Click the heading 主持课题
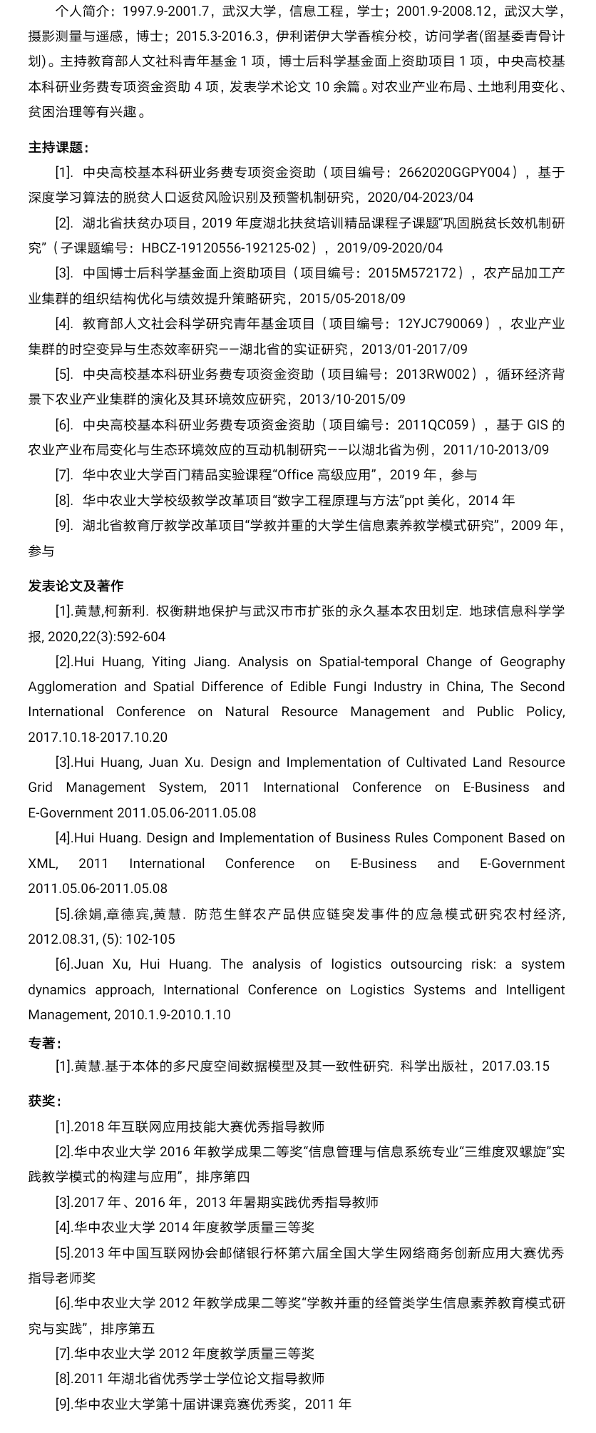point(58,148)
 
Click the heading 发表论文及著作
point(76,586)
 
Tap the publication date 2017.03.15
point(515,1066)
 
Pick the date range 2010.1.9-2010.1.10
point(170,1015)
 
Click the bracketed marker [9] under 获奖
point(64,1404)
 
